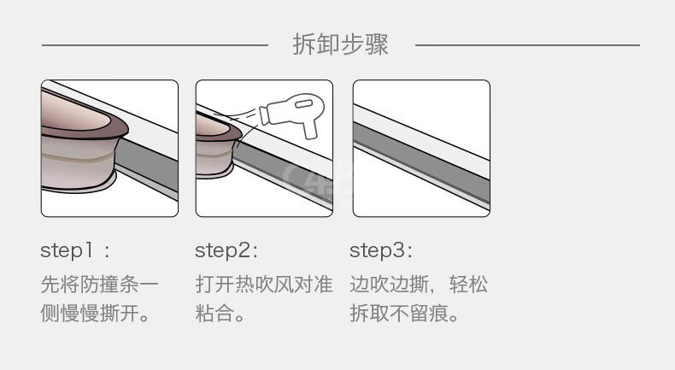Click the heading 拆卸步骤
(340, 44)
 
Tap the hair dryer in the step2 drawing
(293, 113)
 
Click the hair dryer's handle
(310, 128)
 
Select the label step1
(67, 250)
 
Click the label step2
(223, 250)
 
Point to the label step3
(378, 250)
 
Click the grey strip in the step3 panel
(421, 162)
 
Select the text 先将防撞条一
(99, 285)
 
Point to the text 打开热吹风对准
(264, 285)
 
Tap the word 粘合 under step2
(215, 313)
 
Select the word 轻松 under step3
(468, 285)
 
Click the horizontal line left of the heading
(155, 44)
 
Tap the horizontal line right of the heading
(527, 44)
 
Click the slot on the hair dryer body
(303, 103)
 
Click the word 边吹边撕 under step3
(389, 285)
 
